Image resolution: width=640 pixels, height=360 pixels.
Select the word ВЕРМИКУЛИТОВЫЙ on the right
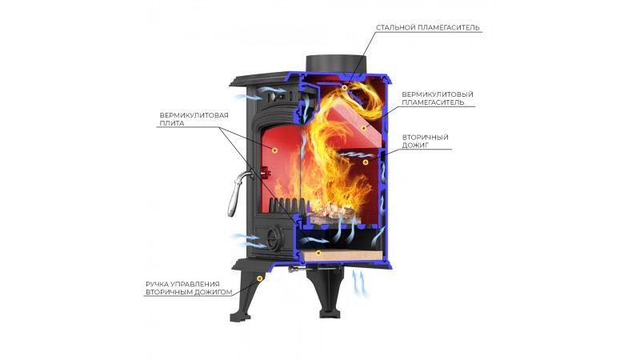point(438,94)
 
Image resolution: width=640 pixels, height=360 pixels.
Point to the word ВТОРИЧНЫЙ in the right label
point(426,137)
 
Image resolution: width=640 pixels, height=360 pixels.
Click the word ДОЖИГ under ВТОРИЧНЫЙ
point(415,146)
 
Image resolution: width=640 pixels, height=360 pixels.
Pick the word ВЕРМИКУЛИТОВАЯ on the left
point(194,115)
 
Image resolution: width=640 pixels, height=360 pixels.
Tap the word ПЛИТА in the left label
point(172,123)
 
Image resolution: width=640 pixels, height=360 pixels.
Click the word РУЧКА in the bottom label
point(156,284)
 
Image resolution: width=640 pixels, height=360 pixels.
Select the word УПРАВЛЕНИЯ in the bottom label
point(194,284)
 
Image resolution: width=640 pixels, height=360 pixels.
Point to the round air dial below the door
point(272,238)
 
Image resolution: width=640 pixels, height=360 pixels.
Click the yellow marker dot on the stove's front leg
point(259,278)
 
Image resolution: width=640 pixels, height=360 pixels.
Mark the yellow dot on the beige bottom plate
point(318,253)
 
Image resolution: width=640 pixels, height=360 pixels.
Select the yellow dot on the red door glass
point(274,150)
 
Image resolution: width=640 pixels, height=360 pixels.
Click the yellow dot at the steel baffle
point(345,87)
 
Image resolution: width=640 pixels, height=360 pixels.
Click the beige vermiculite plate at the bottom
point(342,255)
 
